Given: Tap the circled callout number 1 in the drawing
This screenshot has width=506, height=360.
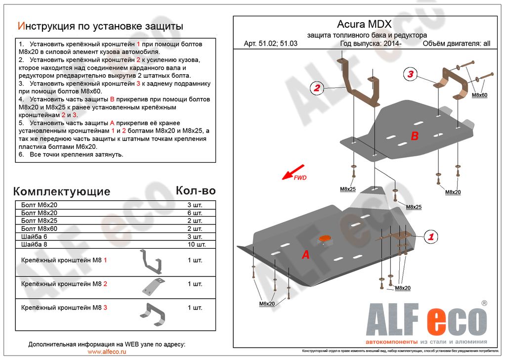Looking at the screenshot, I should (x=430, y=237).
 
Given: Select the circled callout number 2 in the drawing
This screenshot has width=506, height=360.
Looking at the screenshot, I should (x=317, y=89).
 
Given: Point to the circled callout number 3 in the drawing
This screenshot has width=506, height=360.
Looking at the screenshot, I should (x=410, y=75).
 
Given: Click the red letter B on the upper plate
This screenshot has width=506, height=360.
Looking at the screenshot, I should (x=415, y=136).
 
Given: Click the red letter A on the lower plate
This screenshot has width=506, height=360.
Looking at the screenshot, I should (x=306, y=255).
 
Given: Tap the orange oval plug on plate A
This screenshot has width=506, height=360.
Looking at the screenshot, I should (x=325, y=239).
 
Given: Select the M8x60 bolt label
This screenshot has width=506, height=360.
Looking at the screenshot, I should (x=479, y=95).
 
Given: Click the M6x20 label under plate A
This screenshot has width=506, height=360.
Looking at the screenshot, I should (x=267, y=304).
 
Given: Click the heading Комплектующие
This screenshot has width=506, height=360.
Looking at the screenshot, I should (x=62, y=191).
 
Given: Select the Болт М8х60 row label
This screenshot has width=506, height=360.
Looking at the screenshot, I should (x=40, y=228).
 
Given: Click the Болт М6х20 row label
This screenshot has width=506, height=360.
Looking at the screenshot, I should (x=40, y=205).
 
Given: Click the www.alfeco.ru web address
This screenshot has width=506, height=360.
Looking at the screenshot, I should (x=107, y=351).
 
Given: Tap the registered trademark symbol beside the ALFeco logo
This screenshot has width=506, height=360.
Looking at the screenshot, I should (x=484, y=303).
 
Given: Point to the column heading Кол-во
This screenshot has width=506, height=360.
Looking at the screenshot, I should (x=196, y=190).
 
